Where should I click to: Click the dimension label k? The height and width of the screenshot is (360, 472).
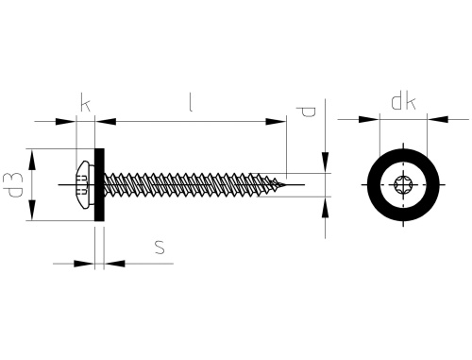[87, 105]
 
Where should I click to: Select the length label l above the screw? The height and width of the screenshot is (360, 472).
[192, 105]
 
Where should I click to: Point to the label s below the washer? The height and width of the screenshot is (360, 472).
[160, 247]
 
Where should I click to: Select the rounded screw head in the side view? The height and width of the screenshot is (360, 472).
[84, 183]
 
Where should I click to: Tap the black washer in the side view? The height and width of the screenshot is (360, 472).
[100, 184]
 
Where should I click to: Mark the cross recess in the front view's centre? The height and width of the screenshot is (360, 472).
[403, 183]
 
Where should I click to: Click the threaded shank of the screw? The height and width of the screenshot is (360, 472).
[189, 183]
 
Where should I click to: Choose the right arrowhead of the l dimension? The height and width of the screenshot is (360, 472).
[279, 121]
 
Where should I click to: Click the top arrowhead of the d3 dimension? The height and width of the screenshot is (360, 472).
[33, 153]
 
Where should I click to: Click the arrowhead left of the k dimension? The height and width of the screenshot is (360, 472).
[69, 121]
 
